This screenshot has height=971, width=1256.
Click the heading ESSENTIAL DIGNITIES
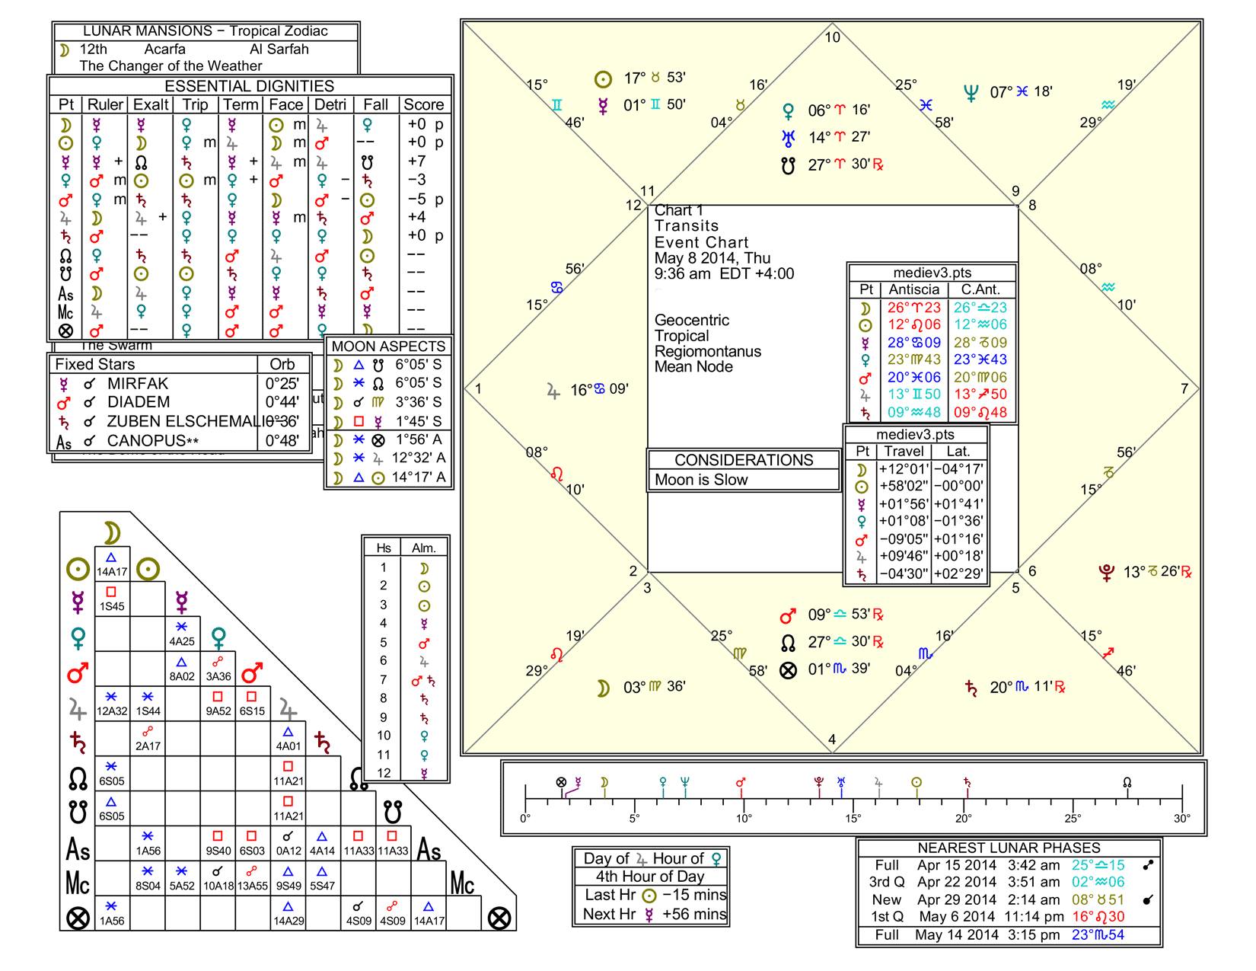250,86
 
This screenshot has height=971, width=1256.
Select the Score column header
423,105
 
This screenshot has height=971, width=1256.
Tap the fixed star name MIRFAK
138,384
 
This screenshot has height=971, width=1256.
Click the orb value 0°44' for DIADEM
282,402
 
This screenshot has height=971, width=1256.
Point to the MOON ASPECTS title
388,347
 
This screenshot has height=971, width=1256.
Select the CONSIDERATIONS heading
744,460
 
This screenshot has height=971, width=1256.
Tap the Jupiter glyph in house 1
553,391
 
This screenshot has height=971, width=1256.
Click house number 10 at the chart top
833,37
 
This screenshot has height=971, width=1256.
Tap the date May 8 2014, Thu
712,258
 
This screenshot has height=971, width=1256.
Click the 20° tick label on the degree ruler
963,819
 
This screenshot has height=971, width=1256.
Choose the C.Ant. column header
980,290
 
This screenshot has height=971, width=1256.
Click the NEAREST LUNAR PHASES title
1009,848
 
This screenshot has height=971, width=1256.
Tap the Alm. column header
424,548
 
